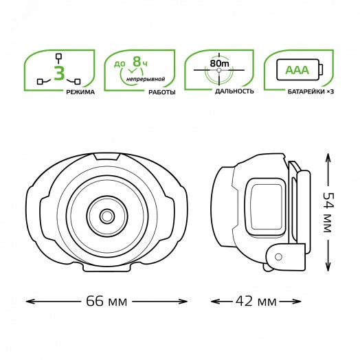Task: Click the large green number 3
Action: (x=60, y=73)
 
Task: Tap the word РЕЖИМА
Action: (x=80, y=92)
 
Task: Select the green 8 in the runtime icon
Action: (x=137, y=61)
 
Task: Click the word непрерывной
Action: (x=146, y=79)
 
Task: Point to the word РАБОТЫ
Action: (x=162, y=92)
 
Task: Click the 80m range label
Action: (x=219, y=63)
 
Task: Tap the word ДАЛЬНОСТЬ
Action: (x=234, y=91)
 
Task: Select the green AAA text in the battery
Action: (x=297, y=70)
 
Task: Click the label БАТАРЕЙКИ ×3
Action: (x=311, y=91)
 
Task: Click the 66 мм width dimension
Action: (x=106, y=301)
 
